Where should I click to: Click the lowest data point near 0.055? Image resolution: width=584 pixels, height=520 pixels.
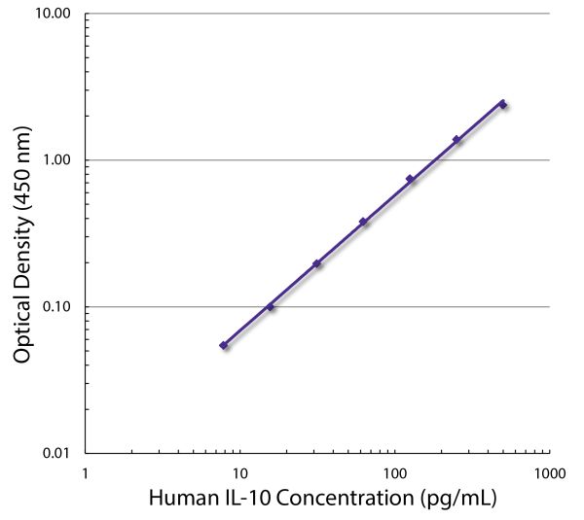(x=224, y=345)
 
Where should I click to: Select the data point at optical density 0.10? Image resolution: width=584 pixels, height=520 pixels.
(x=271, y=307)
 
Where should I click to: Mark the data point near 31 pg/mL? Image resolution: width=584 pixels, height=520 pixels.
(x=316, y=263)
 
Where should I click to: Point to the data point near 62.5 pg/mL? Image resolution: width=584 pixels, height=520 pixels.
(x=363, y=222)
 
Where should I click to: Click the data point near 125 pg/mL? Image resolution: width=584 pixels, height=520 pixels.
(x=410, y=179)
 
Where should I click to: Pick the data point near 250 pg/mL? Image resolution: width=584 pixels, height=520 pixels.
(x=456, y=139)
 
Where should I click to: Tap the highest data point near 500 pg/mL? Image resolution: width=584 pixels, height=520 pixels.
(x=502, y=103)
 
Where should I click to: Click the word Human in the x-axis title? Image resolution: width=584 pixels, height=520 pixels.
(x=182, y=500)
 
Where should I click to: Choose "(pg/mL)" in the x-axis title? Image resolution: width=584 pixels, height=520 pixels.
(x=457, y=500)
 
